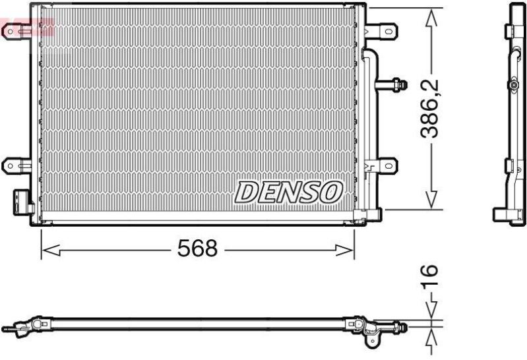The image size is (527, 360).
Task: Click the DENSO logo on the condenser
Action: click(x=290, y=192)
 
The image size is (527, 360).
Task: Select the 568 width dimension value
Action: click(x=197, y=249)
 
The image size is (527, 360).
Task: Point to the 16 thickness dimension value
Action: click(x=429, y=272)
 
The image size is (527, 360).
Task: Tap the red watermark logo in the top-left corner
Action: click(x=26, y=28)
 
